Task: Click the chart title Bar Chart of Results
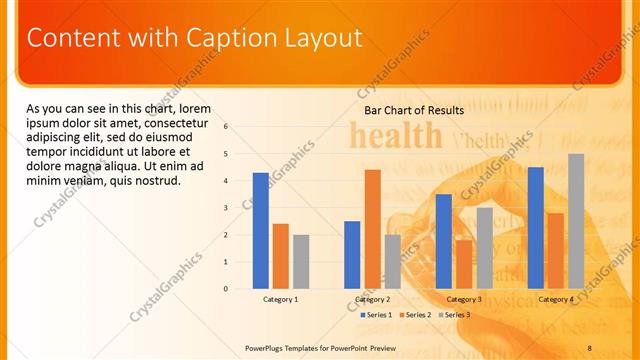pos(414,110)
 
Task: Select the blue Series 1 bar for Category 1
pos(260,231)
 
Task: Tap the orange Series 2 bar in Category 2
pos(372,229)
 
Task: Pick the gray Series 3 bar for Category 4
pos(576,221)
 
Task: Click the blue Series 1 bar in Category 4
pos(536,228)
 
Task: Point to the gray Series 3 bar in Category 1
pos(301,262)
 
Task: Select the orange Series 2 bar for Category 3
pos(464,264)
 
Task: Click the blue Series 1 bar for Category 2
pos(352,255)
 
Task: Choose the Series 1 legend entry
pos(375,314)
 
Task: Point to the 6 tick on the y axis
pos(226,127)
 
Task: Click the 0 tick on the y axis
pos(226,289)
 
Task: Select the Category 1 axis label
pos(280,299)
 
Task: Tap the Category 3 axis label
pos(464,299)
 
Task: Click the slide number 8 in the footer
pos(589,347)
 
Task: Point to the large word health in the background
pos(395,135)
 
